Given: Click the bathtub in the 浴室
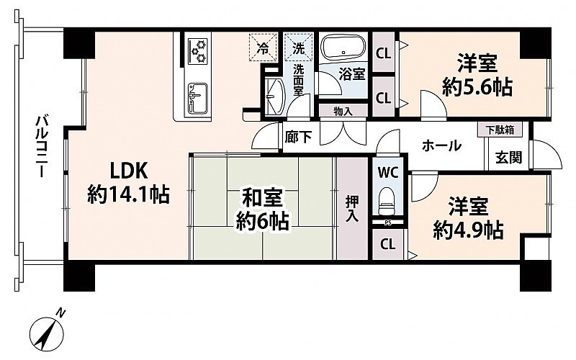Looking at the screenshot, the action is pyautogui.click(x=343, y=47).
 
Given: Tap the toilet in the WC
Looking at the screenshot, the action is pyautogui.click(x=386, y=201).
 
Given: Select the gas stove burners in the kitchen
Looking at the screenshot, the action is pyautogui.click(x=198, y=51).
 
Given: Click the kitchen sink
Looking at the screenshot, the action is pyautogui.click(x=197, y=98).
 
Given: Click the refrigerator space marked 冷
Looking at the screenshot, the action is pyautogui.click(x=263, y=47).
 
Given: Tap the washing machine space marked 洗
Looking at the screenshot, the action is pyautogui.click(x=299, y=47).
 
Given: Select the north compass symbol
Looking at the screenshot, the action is pyautogui.click(x=47, y=332).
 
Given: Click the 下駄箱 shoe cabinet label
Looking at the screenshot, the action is pyautogui.click(x=499, y=130).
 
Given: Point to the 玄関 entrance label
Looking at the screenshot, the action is pyautogui.click(x=509, y=157).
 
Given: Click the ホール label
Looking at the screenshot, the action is pyautogui.click(x=441, y=145).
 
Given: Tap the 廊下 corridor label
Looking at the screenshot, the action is pyautogui.click(x=298, y=137).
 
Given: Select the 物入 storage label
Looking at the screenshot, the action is pyautogui.click(x=343, y=112).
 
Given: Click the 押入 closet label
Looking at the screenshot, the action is pyautogui.click(x=352, y=208).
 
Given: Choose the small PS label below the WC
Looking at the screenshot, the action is pyautogui.click(x=388, y=222).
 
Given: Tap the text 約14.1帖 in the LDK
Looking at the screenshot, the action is pyautogui.click(x=128, y=194).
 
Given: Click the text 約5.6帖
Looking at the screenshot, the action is pyautogui.click(x=477, y=87).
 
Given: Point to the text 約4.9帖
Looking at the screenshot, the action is pyautogui.click(x=468, y=230).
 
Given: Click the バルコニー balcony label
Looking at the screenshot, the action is pyautogui.click(x=41, y=146).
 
